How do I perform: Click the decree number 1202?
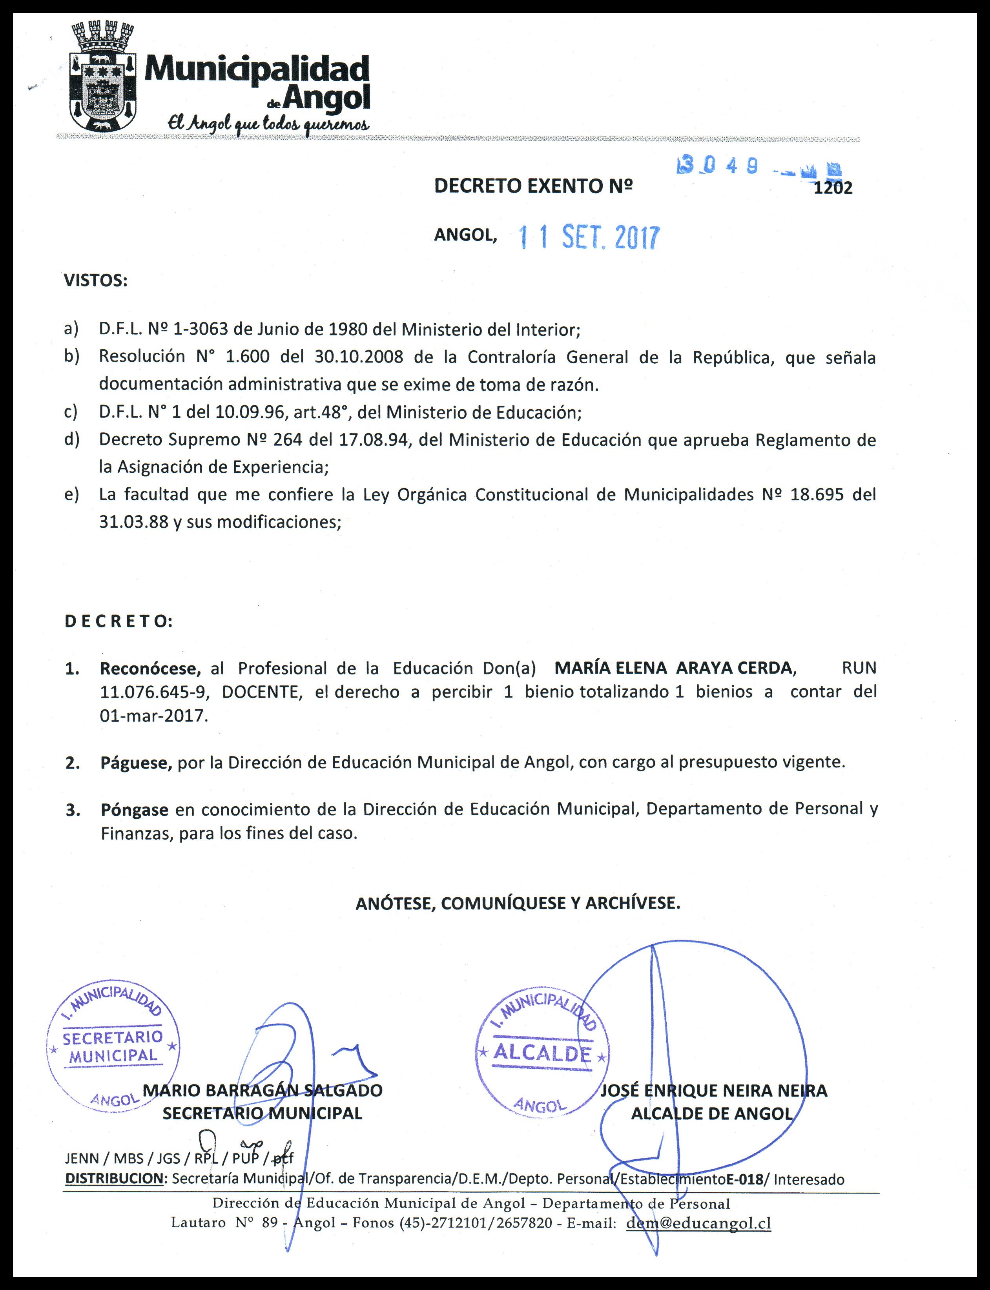pyautogui.click(x=832, y=188)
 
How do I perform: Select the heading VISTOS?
pyautogui.click(x=95, y=281)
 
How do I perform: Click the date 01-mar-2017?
pyautogui.click(x=154, y=716)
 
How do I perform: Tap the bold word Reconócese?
pyautogui.click(x=150, y=669)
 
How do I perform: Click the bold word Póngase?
pyautogui.click(x=134, y=810)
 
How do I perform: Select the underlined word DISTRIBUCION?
pyautogui.click(x=114, y=1179)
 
